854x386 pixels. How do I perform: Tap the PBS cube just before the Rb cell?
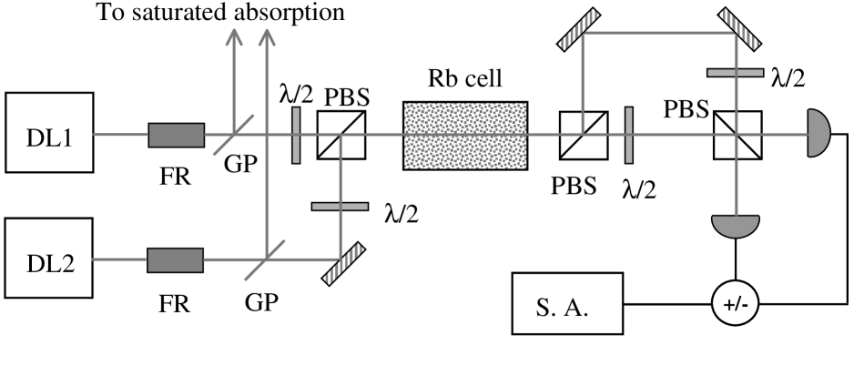point(341,136)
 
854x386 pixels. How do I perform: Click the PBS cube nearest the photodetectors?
point(736,136)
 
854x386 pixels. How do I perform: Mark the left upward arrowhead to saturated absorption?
point(232,37)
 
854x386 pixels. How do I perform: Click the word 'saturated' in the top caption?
point(187,12)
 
